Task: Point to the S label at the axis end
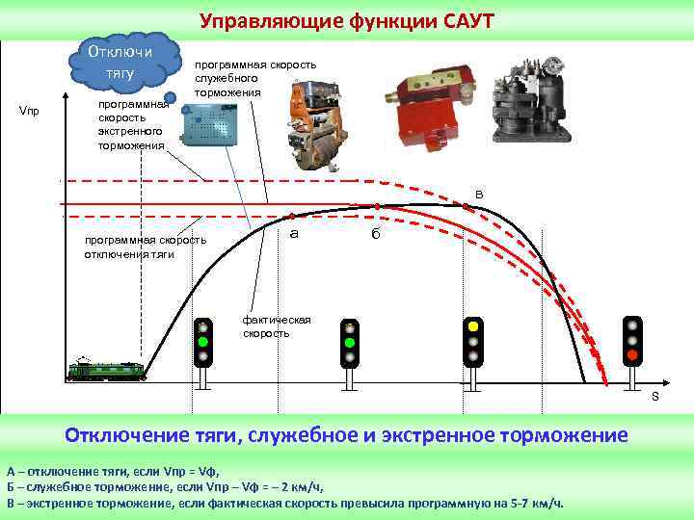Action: pos(654,397)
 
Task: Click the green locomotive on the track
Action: pos(108,369)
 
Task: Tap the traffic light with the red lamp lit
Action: pos(632,341)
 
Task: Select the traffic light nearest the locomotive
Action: pos(203,341)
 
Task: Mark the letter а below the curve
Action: pos(294,234)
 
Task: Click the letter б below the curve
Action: pos(376,236)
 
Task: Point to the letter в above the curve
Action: pos(479,195)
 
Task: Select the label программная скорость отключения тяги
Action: pos(145,247)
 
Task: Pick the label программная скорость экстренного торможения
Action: pos(132,124)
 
